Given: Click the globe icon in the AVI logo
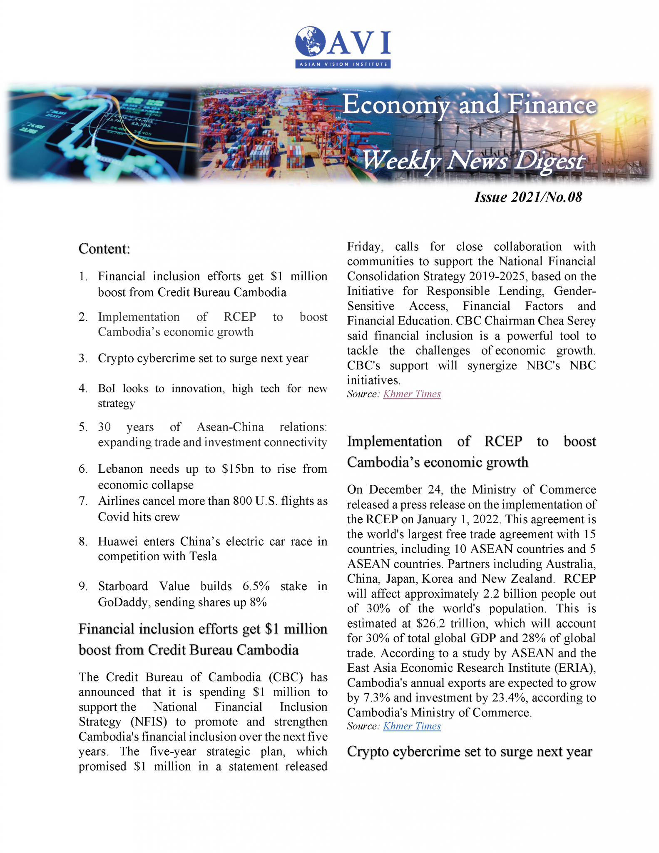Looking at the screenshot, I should coord(311,41).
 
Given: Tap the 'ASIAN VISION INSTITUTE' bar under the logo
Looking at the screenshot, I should coord(343,64).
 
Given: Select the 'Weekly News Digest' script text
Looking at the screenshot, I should coord(473,160).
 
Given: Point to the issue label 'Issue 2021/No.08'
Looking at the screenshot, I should coord(528,197).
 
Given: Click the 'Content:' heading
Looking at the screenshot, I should coord(104,249).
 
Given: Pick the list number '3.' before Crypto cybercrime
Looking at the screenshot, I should coord(83,358).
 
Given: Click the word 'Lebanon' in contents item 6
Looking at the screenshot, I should coord(118,469).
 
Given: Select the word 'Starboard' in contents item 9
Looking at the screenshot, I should coord(123,586).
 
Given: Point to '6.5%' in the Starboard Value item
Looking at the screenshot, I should coord(256,586).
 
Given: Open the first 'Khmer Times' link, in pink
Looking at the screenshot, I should coord(412,394).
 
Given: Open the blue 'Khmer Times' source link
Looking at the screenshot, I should coord(412,726).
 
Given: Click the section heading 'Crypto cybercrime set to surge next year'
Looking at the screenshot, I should coord(469,752).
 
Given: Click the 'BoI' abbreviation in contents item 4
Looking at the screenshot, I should coord(107,389).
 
